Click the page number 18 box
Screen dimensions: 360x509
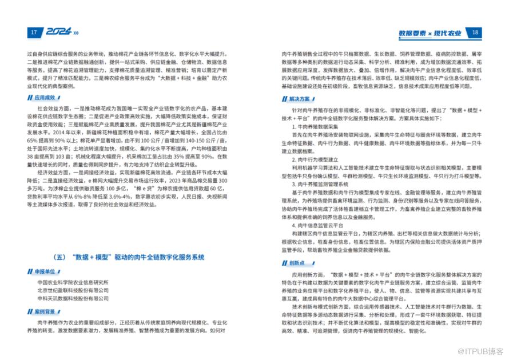coord(475,33)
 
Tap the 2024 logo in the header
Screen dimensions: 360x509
coord(59,33)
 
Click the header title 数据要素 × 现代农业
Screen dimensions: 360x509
coord(430,33)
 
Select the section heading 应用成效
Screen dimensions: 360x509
coord(46,98)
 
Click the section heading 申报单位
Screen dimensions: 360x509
coord(46,271)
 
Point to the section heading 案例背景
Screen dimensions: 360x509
coord(46,312)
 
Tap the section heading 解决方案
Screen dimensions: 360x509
coord(299,98)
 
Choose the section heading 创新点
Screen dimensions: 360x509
coord(297,263)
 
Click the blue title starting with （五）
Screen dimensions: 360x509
coord(129,257)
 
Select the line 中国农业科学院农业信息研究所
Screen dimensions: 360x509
coord(73,282)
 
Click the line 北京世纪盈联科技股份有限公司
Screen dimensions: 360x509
coord(73,290)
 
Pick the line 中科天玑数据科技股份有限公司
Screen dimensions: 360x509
coord(73,298)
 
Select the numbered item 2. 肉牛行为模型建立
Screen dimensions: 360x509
coord(316,159)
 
